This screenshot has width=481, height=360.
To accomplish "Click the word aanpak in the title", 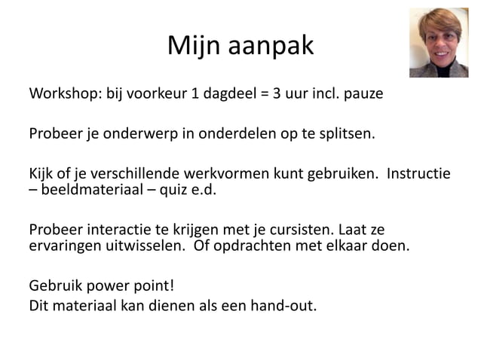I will (x=272, y=47).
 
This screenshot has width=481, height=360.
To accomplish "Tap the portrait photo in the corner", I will (x=439, y=43).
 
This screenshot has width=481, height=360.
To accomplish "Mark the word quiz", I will (x=173, y=191).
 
